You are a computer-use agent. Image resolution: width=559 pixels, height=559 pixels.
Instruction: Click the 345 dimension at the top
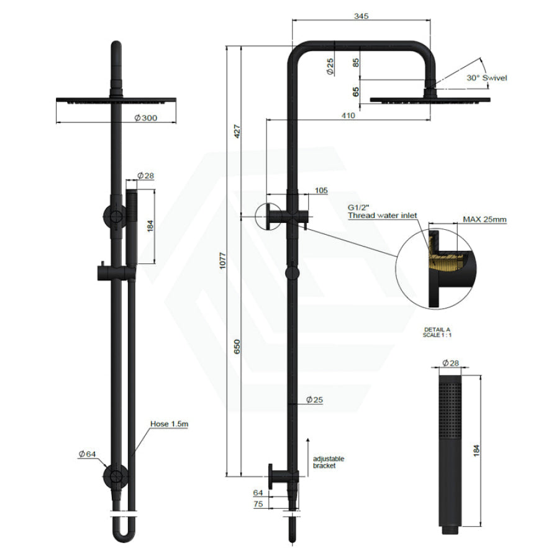coord(361,16)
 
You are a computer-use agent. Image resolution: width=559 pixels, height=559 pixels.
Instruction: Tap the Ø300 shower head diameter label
coord(146,118)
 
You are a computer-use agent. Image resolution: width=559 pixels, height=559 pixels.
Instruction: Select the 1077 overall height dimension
coord(223,261)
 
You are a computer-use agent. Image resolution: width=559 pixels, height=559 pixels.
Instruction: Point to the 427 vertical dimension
coord(237,132)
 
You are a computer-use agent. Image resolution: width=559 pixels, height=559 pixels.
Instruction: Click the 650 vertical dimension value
coord(237,347)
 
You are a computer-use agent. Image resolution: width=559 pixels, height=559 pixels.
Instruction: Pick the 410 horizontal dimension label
coord(348,116)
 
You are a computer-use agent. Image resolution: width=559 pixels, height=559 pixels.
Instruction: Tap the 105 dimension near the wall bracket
coord(321,191)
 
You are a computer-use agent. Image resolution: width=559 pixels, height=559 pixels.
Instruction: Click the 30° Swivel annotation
coord(486,78)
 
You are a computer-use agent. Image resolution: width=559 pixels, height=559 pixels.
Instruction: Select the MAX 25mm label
coord(484,219)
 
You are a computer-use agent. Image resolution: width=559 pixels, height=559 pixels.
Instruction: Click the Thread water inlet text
coord(383,216)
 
